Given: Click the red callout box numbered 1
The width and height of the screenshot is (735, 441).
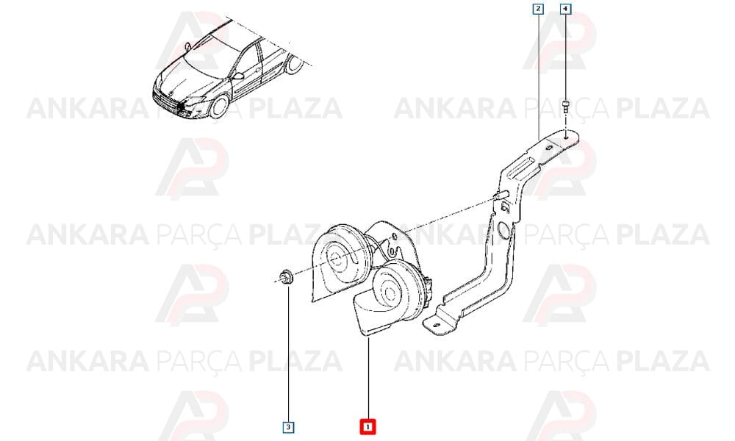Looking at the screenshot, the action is pyautogui.click(x=367, y=426).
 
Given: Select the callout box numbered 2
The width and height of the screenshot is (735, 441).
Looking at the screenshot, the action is pyautogui.click(x=538, y=8).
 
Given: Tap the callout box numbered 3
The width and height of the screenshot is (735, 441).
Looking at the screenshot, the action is pyautogui.click(x=288, y=427).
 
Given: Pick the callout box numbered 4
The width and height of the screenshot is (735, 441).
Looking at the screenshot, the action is pyautogui.click(x=565, y=8).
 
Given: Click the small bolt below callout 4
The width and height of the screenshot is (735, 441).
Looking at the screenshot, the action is pyautogui.click(x=565, y=106).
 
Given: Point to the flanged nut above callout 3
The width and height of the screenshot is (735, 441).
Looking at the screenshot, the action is pyautogui.click(x=284, y=276).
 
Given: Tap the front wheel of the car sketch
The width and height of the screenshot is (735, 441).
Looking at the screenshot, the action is pyautogui.click(x=218, y=106).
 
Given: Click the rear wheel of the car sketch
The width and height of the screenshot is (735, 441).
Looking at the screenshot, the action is pyautogui.click(x=295, y=65).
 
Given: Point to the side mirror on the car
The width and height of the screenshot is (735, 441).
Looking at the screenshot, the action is pyautogui.click(x=238, y=76).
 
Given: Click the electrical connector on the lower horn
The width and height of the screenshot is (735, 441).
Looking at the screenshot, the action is pyautogui.click(x=428, y=286).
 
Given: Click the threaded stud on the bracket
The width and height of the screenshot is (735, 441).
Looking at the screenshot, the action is pyautogui.click(x=501, y=195).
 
